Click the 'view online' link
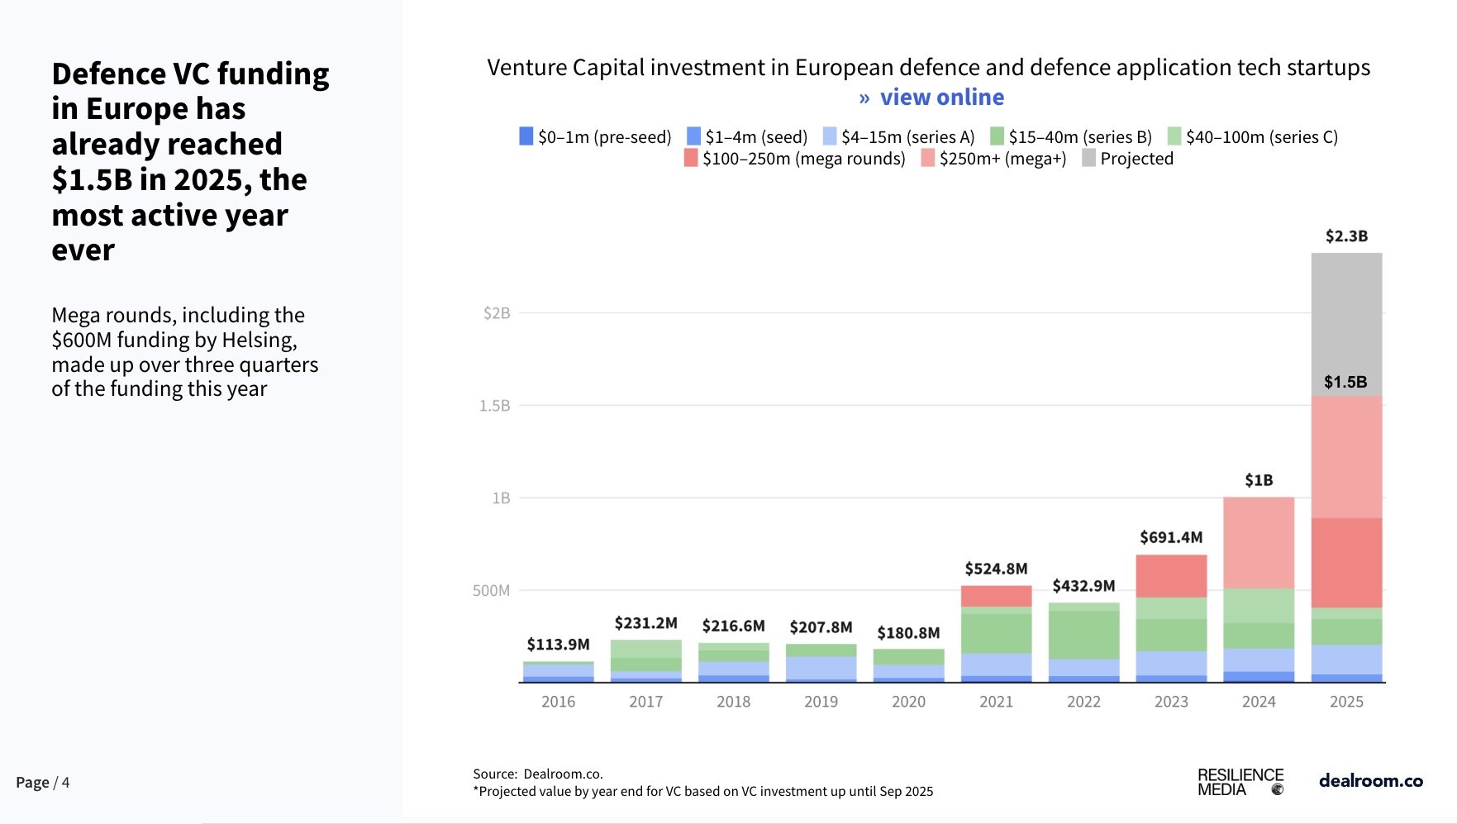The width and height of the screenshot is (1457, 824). pos(941,98)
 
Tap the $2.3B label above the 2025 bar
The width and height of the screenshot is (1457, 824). pos(1346,236)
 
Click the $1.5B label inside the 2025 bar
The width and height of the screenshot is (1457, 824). pos(1345,382)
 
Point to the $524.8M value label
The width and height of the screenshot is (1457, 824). pos(996,569)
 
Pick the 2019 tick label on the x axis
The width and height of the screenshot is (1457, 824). pos(821,702)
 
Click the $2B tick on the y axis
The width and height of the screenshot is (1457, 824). pos(497,313)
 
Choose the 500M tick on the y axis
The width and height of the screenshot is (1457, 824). pos(491,591)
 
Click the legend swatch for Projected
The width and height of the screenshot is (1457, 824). pos(1089,158)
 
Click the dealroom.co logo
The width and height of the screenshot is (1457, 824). pos(1370,780)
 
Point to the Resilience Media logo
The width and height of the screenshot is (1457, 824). pos(1240,782)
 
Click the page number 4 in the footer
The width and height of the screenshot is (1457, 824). pos(65,782)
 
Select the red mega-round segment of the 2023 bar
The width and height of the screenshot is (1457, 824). pos(1171,576)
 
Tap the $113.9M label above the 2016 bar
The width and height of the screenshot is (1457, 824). pos(558,645)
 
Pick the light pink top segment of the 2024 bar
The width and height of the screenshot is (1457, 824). pos(1259,542)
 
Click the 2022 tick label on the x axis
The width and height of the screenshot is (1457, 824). pos(1083,702)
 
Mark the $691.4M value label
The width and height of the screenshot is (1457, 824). pos(1171,537)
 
